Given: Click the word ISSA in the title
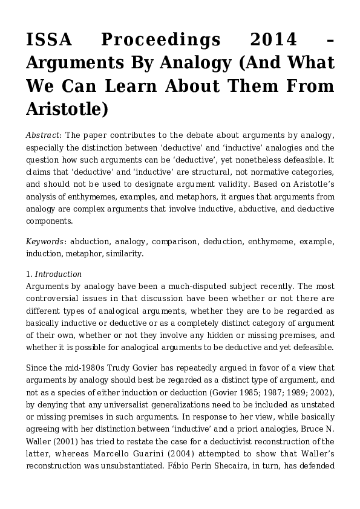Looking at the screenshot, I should [x=48, y=41].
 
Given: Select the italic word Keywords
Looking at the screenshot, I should [x=45, y=242].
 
